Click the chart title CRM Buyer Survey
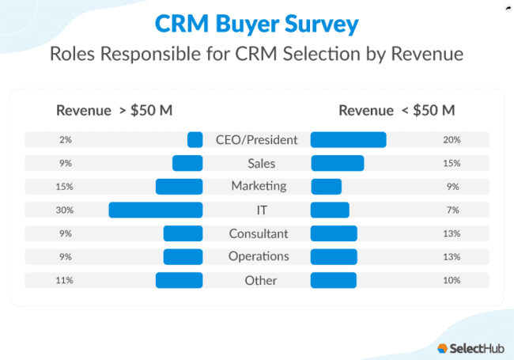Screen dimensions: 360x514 coord(256,25)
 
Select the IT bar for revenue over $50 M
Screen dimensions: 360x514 coord(156,210)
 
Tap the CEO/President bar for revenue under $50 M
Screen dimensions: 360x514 coord(348,140)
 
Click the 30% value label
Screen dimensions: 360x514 coord(65,210)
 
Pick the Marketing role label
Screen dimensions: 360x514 coord(257,186)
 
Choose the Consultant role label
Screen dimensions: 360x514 coord(257,233)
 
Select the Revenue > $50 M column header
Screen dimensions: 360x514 coord(114,110)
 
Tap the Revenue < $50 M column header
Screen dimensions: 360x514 coord(396,110)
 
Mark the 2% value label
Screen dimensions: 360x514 coord(65,140)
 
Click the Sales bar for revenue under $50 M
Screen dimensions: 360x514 coord(337,163)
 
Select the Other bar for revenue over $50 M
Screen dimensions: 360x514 coord(179,280)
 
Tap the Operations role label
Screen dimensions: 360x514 coord(257,256)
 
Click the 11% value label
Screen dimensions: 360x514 coord(65,280)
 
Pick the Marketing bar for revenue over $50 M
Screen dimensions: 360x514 coord(179,187)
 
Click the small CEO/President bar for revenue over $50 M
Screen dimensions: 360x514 coord(195,140)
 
